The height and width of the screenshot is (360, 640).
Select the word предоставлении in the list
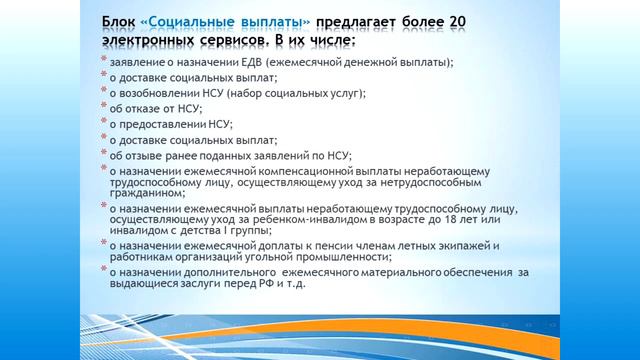coord(168,125)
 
